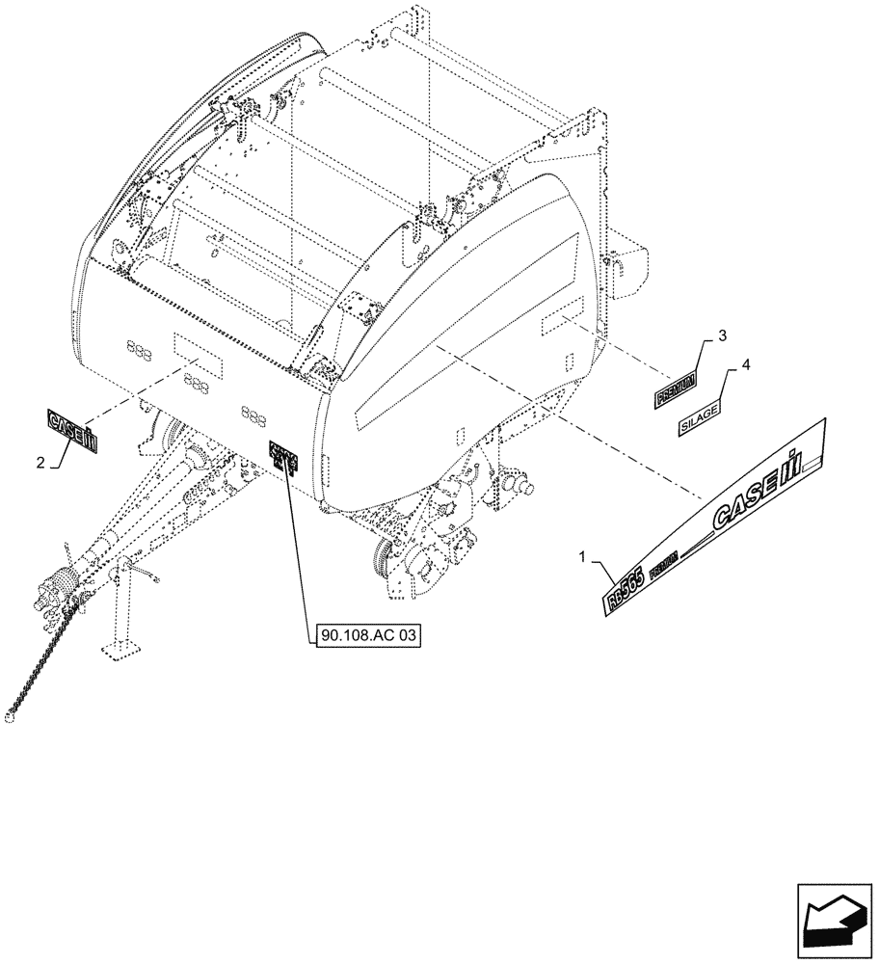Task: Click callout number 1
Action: point(583,557)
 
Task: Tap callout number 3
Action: point(721,335)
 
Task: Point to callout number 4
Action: point(744,367)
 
